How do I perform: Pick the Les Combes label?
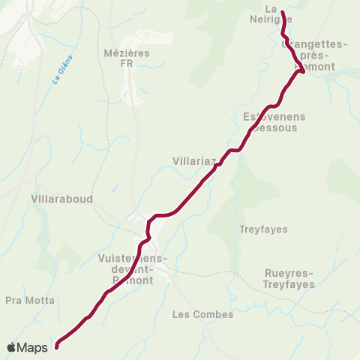pos(202,314)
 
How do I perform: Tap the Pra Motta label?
pos(29,300)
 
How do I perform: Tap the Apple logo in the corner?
pos(12,347)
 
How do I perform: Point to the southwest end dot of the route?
pos(56,346)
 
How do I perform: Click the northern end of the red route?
pos(282,12)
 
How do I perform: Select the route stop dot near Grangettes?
pos(301,71)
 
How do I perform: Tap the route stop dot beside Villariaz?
pos(216,166)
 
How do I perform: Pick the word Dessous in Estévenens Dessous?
pos(276,127)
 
